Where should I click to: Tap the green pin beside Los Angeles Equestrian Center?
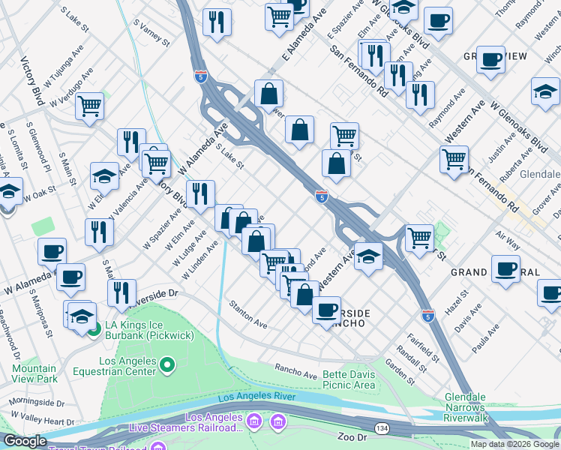[x=168, y=366]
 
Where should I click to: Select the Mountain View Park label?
[x=34, y=373]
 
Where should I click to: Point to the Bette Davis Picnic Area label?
[x=348, y=379]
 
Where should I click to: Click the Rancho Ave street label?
[x=296, y=370]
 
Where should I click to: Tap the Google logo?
[x=25, y=441]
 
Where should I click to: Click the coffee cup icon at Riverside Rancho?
[x=326, y=309]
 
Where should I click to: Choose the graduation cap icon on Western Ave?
[x=368, y=256]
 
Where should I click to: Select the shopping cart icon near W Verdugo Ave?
[x=89, y=106]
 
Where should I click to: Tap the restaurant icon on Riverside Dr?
[x=121, y=292]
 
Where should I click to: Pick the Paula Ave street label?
[x=486, y=339]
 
